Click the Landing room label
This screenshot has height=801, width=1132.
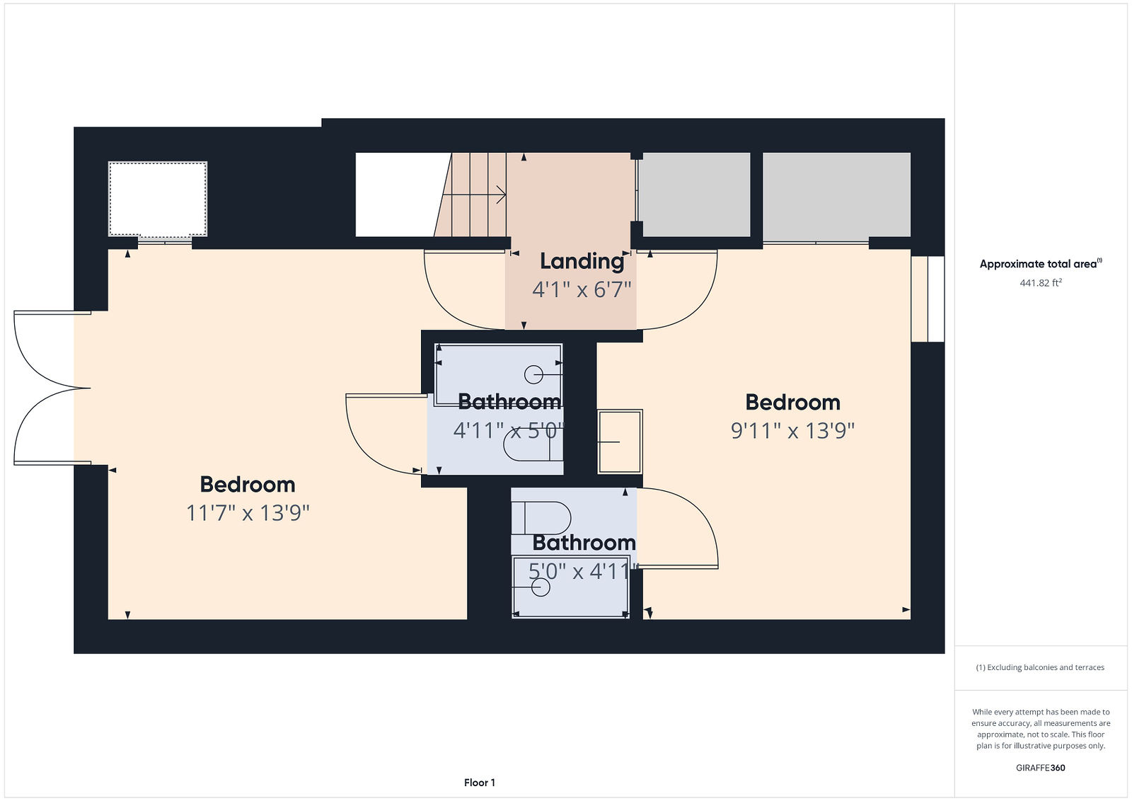pos(582,262)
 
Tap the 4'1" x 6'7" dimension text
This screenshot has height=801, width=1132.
pos(582,290)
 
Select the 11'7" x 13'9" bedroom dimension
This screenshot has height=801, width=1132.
pos(248,513)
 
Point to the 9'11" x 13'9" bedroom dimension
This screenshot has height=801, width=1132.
pos(792,431)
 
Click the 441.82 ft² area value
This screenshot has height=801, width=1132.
pos(1041,282)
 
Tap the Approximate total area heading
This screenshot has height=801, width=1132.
pos(1041,263)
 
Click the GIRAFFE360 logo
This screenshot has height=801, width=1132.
pos(1041,768)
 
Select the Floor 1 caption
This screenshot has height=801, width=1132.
pos(480,783)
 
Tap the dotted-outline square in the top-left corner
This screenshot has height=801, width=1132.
pos(158,199)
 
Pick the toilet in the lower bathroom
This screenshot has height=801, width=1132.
pos(541,518)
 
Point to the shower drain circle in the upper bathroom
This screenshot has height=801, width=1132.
pos(533,375)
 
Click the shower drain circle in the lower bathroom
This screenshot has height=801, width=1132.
pos(541,587)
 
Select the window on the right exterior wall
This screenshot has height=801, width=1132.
pos(928,299)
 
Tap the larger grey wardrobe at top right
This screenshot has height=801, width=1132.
pos(836,195)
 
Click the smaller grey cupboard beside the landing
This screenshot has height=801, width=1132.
pos(694,195)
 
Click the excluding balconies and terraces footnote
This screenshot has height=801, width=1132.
pos(1041,667)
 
